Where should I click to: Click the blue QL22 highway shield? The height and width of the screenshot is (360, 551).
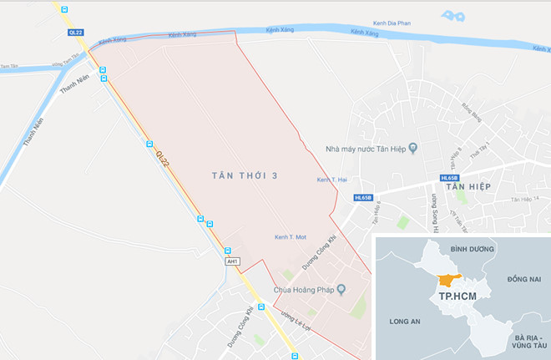point(77,31)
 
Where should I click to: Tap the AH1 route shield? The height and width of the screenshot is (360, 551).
point(233,261)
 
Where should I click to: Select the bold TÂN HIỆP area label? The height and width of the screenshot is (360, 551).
point(468,187)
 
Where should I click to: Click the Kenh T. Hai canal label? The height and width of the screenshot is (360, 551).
point(332,180)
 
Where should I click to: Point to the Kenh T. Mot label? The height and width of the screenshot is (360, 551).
point(291,238)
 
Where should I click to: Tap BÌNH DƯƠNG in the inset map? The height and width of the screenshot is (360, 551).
point(473,249)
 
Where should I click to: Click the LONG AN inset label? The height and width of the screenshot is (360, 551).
point(406,319)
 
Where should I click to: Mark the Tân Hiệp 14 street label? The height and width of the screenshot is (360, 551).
point(525,200)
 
